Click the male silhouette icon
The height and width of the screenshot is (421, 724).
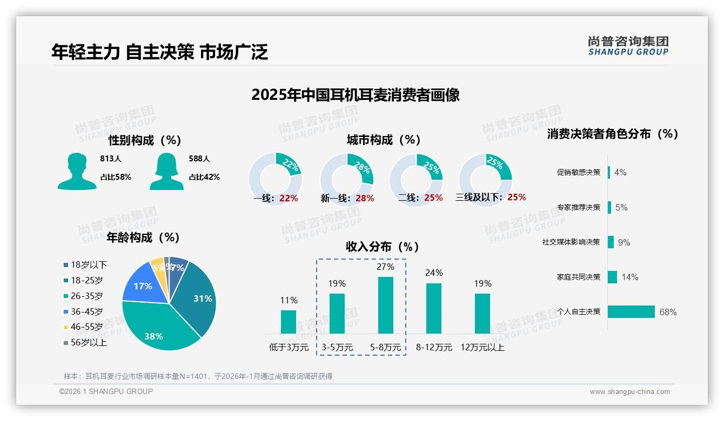tap(77, 172)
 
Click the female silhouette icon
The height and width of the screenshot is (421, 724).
tap(166, 172)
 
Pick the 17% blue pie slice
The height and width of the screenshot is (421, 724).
tap(142, 286)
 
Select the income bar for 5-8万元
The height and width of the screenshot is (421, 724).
tap(386, 305)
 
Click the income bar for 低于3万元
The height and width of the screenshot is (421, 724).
tap(289, 322)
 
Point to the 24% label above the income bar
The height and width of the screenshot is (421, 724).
tap(434, 273)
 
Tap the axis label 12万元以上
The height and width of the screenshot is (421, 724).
tap(482, 347)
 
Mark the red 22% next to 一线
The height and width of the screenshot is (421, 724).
tap(289, 198)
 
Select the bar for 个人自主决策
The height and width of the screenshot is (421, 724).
tap(631, 311)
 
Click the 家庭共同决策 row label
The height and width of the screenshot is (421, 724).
tap(579, 277)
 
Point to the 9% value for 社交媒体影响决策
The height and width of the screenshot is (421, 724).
tap(624, 242)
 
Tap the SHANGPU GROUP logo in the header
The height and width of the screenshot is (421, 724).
tap(628, 46)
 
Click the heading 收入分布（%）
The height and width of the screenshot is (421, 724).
tap(383, 247)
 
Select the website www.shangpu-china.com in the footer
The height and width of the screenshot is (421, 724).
tap(629, 392)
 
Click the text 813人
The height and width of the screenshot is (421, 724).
tap(111, 159)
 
